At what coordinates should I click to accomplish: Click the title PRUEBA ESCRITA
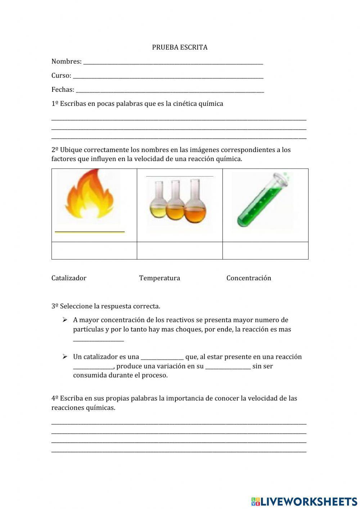coord(180,47)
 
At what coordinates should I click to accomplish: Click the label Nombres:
coord(67,62)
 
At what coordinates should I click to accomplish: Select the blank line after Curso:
coord(168,77)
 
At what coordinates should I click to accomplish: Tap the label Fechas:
coord(63,90)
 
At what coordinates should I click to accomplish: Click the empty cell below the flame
coord(94,250)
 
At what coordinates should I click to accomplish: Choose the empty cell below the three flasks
coord(180,250)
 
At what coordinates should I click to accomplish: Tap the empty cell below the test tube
coord(265,250)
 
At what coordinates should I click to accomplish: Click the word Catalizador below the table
coord(69,278)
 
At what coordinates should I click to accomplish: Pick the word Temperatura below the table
coord(159,278)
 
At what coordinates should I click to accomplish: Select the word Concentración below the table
coord(249,278)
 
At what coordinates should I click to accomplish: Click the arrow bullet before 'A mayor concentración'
coord(65,320)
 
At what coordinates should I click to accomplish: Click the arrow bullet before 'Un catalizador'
coord(65,357)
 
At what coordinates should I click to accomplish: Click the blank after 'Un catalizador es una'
coord(162,358)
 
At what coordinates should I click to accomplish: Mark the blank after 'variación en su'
coord(228,367)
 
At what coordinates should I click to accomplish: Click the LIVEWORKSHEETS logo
coord(304,501)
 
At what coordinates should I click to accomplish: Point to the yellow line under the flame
coord(90,232)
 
